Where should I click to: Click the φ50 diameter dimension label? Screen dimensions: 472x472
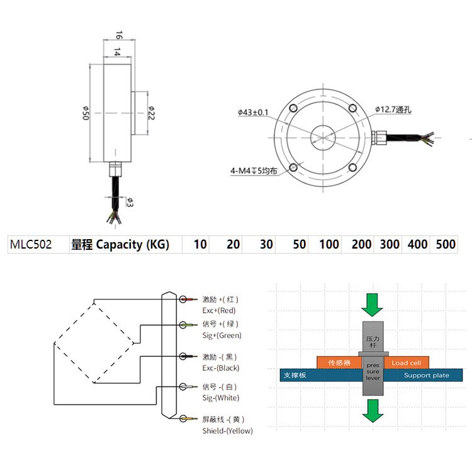tap(84, 113)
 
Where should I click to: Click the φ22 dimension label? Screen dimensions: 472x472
tap(151, 113)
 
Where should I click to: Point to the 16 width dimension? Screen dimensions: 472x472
tap(117, 36)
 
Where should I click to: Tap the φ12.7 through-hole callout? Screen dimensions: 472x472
tap(393, 110)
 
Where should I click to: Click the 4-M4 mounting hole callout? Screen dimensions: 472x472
tap(253, 171)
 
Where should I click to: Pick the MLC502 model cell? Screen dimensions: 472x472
tap(31, 245)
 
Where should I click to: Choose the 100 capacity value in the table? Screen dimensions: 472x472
tap(329, 245)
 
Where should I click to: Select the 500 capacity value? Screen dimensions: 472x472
tap(446, 245)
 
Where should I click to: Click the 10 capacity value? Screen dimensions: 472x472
tap(200, 245)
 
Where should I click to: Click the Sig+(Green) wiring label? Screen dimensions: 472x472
tap(222, 335)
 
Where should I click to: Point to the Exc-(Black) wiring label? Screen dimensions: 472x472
tap(220, 368)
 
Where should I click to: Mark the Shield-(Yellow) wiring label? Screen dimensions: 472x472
tap(227, 430)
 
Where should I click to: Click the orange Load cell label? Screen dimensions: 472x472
tap(407, 362)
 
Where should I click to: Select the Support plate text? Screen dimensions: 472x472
tap(426, 375)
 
